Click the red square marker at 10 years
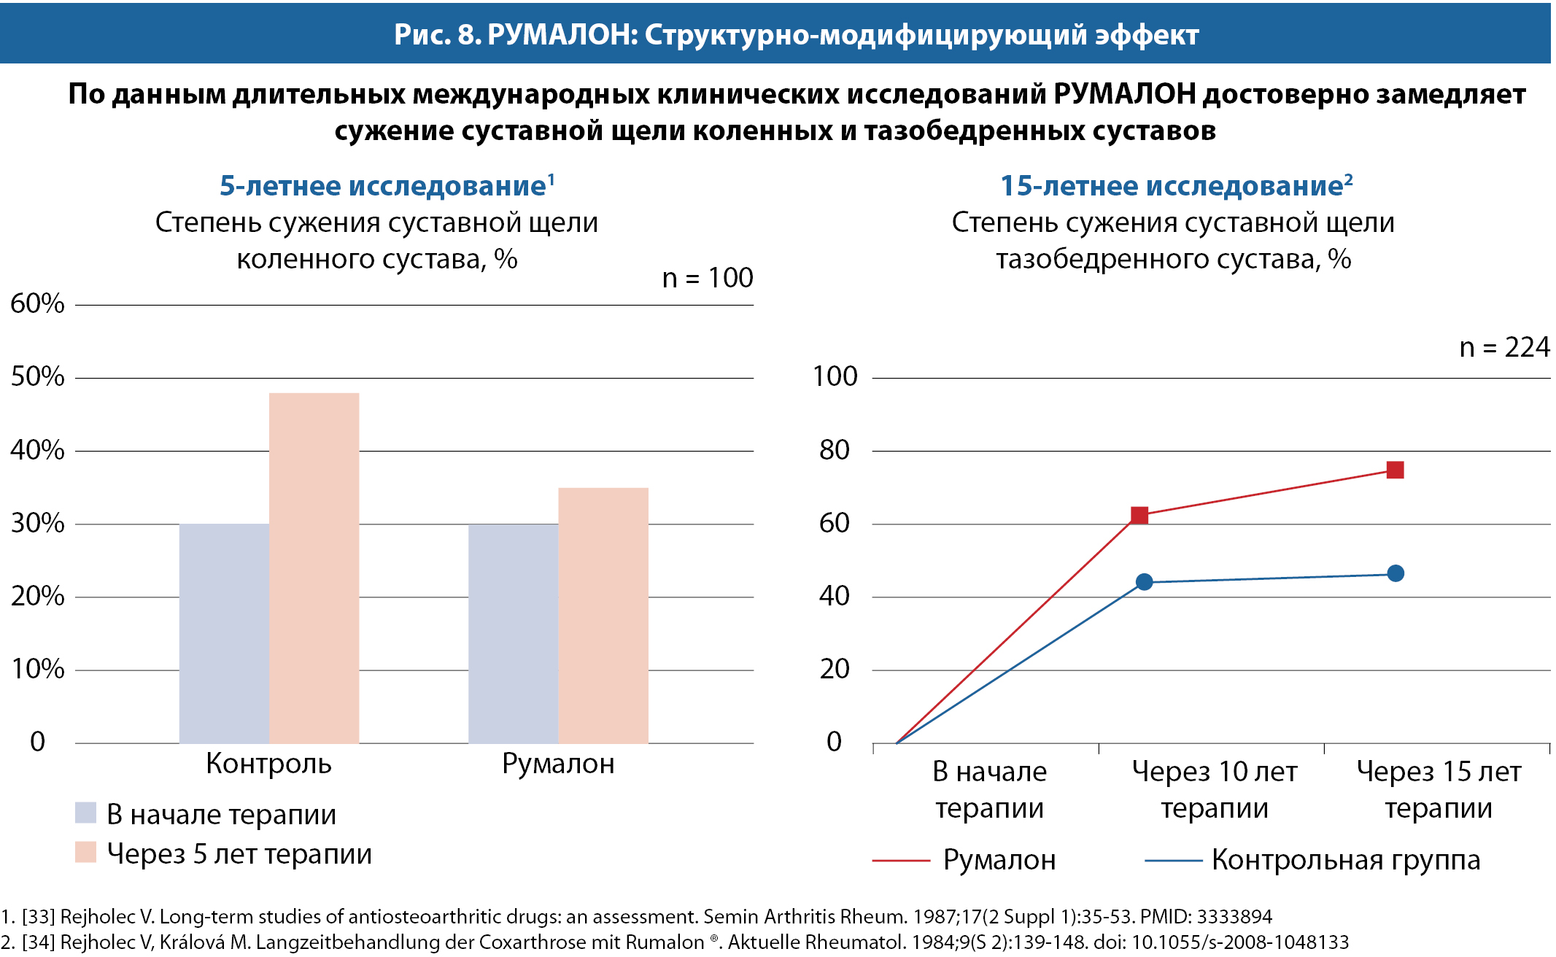click(x=1139, y=516)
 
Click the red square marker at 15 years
click(x=1395, y=470)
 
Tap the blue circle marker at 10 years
click(x=1144, y=582)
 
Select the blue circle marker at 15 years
click(x=1395, y=573)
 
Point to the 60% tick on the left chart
click(x=37, y=304)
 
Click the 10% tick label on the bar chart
click(x=37, y=669)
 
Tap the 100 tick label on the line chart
click(x=835, y=377)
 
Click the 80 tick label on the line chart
click(x=835, y=450)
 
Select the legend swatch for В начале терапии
click(x=85, y=813)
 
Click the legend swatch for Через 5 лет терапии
click(x=85, y=852)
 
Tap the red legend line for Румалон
click(x=900, y=861)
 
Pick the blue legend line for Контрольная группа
click(x=1173, y=861)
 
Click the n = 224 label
click(x=1504, y=347)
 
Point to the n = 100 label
click(x=707, y=278)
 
